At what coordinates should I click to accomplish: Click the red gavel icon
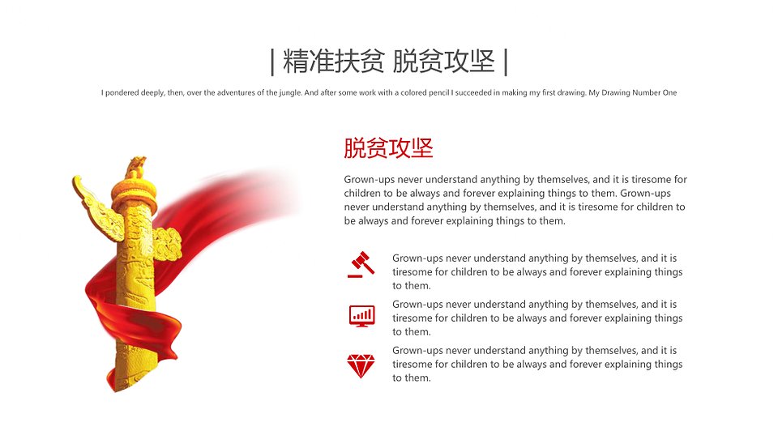(x=361, y=264)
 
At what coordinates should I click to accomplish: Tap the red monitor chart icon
(x=361, y=316)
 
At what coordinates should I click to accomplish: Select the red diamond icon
(x=361, y=366)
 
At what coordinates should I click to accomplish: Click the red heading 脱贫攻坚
(x=388, y=148)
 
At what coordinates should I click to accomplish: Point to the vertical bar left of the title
(x=272, y=62)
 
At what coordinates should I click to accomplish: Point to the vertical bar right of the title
(x=506, y=62)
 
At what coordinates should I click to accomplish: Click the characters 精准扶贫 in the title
(x=333, y=62)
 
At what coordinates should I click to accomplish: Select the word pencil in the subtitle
(x=439, y=92)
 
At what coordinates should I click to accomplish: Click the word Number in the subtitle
(x=648, y=92)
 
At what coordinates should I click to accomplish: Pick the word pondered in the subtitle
(x=122, y=92)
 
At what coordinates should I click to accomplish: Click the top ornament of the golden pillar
(x=135, y=167)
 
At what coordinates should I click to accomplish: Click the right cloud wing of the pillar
(x=167, y=244)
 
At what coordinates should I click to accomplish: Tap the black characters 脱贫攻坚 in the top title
(x=443, y=62)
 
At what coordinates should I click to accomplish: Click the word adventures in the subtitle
(x=235, y=92)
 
